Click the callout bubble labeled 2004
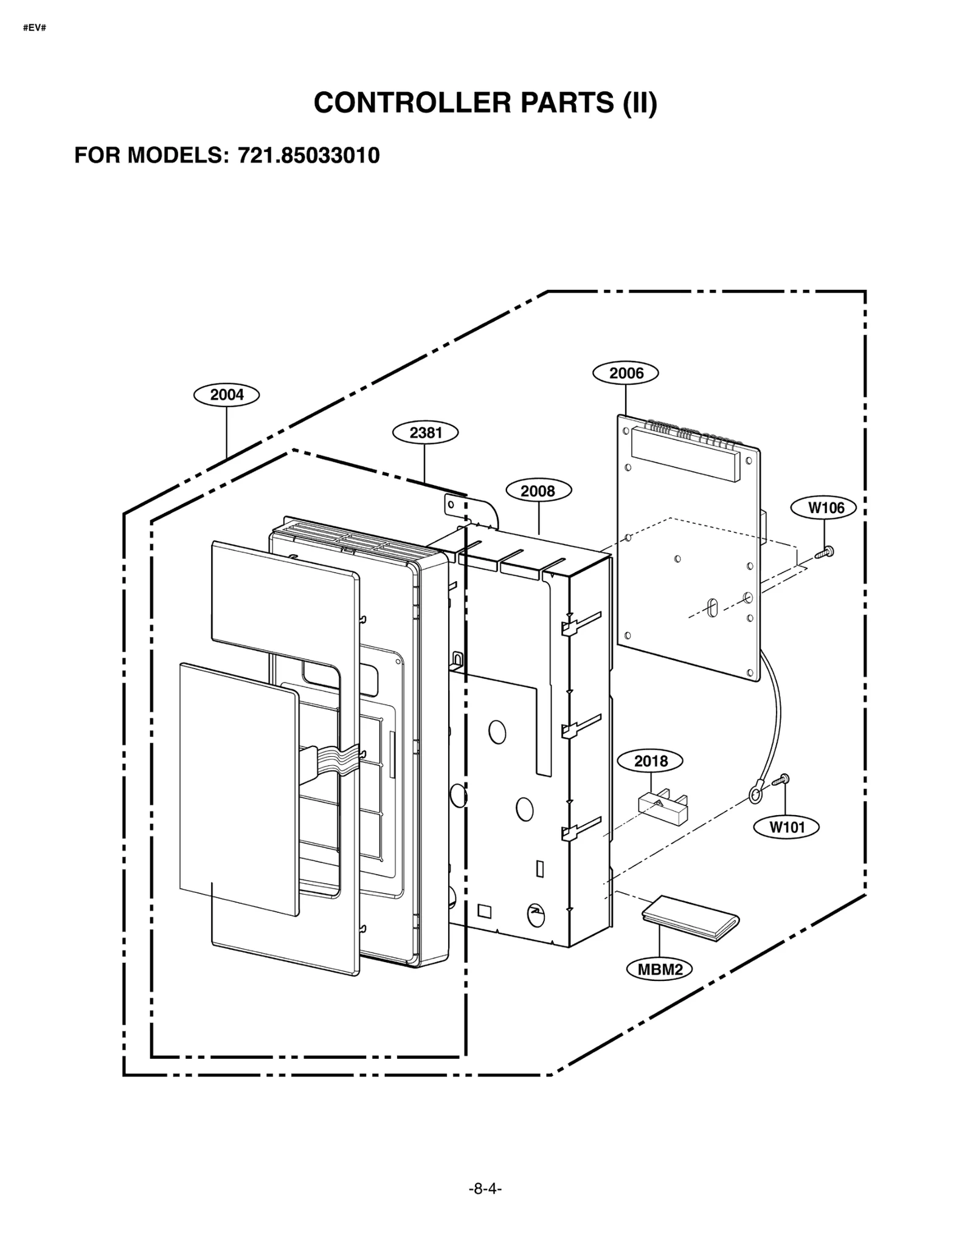pyautogui.click(x=226, y=395)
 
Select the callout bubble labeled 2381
pyautogui.click(x=425, y=433)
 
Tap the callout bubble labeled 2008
pyautogui.click(x=538, y=491)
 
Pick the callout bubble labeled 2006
pyautogui.click(x=626, y=373)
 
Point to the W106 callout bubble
pyautogui.click(x=826, y=508)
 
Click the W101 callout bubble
pyautogui.click(x=787, y=827)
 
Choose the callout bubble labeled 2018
pyautogui.click(x=650, y=761)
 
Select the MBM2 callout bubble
pyautogui.click(x=660, y=969)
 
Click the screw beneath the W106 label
pyautogui.click(x=825, y=552)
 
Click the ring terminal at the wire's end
pyautogui.click(x=755, y=794)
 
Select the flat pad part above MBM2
pyautogui.click(x=691, y=918)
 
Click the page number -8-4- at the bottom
pyautogui.click(x=485, y=1206)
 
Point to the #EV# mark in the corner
pyautogui.click(x=34, y=29)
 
